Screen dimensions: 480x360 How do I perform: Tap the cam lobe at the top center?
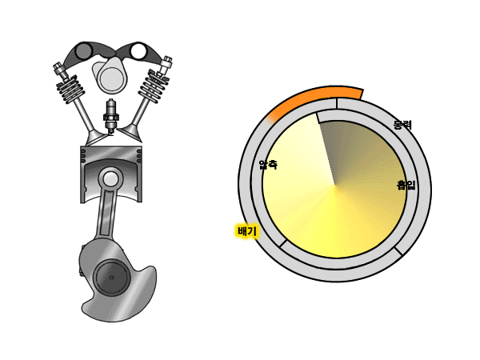(110, 76)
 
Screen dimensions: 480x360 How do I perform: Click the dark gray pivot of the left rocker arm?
(83, 50)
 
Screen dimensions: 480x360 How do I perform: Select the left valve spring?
(70, 90)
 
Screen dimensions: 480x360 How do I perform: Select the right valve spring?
(154, 86)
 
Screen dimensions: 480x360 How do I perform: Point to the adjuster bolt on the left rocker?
(59, 70)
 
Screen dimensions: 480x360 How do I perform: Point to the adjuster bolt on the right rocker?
(166, 66)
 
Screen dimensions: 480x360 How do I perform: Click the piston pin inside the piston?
(111, 179)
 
